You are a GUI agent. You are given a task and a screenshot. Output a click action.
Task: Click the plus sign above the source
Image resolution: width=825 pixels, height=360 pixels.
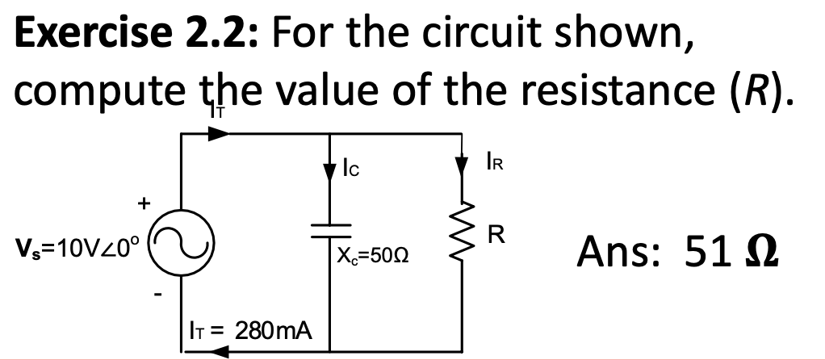coord(145,204)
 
